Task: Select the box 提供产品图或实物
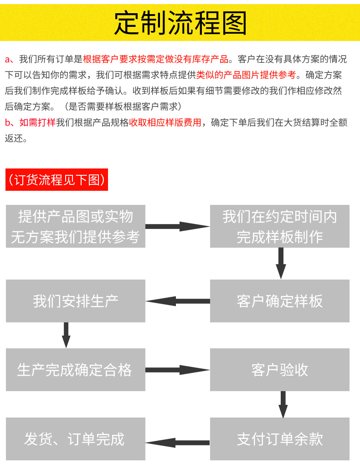click(x=76, y=226)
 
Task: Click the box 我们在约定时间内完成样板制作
click(x=279, y=226)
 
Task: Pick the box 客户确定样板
click(x=279, y=301)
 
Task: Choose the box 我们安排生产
click(x=76, y=301)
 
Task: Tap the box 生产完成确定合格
click(x=76, y=370)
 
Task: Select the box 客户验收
click(x=279, y=370)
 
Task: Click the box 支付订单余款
click(x=279, y=439)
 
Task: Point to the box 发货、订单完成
click(x=76, y=439)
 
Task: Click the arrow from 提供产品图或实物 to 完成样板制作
click(x=177, y=226)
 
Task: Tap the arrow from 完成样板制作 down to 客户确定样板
click(x=281, y=263)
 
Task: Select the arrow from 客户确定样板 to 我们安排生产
click(x=177, y=301)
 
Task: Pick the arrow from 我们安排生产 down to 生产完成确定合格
click(x=66, y=335)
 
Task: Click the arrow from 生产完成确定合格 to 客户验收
click(x=177, y=370)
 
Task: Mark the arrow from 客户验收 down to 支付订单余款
click(x=283, y=403)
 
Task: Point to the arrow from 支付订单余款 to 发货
click(x=177, y=442)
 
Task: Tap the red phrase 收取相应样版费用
click(x=165, y=122)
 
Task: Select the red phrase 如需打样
click(x=37, y=122)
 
